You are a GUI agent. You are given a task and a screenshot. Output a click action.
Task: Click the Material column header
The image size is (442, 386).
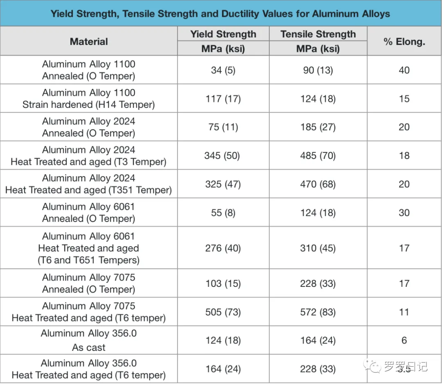(x=89, y=41)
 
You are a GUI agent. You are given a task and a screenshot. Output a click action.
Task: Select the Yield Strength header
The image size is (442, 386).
(x=223, y=34)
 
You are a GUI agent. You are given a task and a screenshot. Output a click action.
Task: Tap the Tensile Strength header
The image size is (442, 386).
(x=318, y=34)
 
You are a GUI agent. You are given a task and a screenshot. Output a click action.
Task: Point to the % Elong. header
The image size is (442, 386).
(x=404, y=41)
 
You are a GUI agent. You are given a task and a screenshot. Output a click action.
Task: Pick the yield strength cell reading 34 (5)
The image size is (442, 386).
(x=223, y=70)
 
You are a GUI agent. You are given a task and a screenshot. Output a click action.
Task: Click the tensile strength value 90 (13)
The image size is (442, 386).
(x=318, y=70)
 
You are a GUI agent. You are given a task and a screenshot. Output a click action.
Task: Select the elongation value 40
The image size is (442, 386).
(x=404, y=70)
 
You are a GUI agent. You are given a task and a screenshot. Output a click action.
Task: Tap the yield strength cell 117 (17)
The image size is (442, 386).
(x=223, y=99)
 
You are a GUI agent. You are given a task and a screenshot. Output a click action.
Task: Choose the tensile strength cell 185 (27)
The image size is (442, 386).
(x=318, y=127)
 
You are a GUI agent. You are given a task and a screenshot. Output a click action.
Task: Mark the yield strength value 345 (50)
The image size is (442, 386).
(x=223, y=156)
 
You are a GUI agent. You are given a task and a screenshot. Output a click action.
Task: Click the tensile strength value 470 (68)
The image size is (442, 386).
(x=318, y=184)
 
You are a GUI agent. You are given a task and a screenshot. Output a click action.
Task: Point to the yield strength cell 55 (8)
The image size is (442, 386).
(x=223, y=213)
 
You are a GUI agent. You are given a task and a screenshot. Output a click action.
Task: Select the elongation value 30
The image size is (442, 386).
(x=404, y=213)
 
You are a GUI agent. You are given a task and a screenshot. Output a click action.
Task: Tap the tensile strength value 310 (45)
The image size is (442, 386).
(x=318, y=248)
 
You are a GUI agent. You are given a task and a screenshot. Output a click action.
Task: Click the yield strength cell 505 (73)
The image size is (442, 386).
(x=223, y=312)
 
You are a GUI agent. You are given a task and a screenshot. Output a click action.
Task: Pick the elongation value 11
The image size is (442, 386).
(x=404, y=312)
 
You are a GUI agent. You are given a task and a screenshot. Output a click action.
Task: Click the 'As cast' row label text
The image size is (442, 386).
(x=89, y=347)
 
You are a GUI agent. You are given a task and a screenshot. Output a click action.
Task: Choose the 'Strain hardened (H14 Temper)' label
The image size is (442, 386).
(x=89, y=104)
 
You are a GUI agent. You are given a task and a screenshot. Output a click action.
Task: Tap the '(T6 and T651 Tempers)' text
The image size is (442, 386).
(x=89, y=260)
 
